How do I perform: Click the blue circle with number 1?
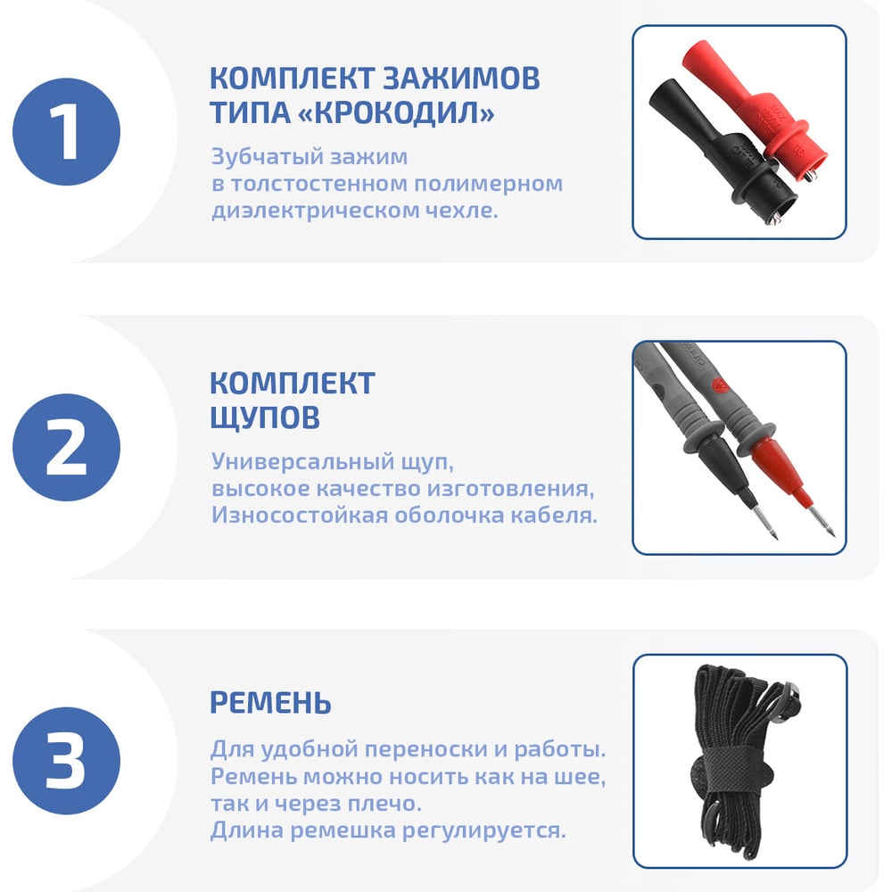pos(67,132)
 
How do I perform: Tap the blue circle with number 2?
pos(67,447)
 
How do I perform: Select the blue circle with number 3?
pos(67,761)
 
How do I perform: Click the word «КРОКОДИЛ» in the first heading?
pos(396,112)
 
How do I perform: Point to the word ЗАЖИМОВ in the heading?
pos(460,78)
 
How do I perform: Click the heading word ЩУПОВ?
pos(265,417)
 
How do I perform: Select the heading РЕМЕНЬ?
pos(271,702)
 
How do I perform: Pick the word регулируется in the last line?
pos(484,830)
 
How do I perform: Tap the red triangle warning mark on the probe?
pos(721,385)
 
